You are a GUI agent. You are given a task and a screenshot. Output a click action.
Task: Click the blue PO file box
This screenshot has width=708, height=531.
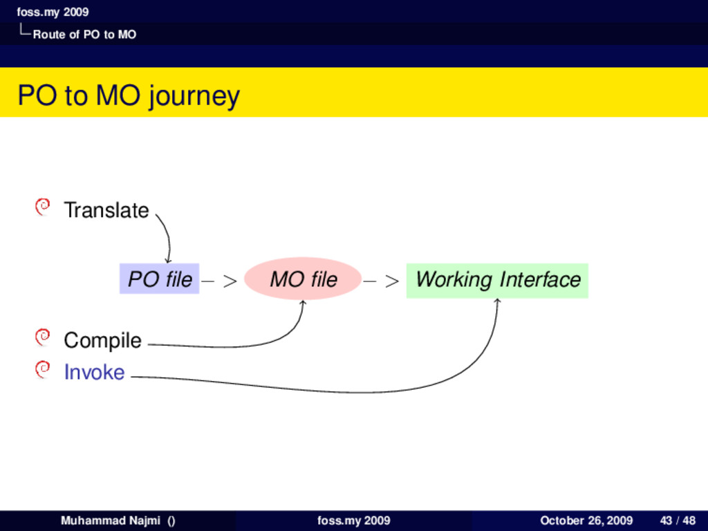click(160, 279)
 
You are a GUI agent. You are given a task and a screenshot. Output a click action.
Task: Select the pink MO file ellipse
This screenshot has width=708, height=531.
click(303, 279)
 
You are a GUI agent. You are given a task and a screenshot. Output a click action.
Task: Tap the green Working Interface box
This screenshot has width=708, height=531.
click(497, 280)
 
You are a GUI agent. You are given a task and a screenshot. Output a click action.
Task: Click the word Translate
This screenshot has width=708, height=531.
click(106, 210)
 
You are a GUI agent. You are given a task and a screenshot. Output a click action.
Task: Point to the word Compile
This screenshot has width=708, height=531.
click(102, 340)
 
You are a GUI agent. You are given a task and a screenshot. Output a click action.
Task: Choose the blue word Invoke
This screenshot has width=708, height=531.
click(94, 373)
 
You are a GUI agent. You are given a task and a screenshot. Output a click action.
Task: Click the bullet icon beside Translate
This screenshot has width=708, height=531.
click(43, 206)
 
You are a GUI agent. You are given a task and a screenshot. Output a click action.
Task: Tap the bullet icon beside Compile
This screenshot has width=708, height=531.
click(43, 337)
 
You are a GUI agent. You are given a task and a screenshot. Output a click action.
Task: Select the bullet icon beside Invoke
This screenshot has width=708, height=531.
click(43, 369)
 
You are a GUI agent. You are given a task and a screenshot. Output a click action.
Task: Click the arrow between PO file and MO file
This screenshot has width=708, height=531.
click(221, 281)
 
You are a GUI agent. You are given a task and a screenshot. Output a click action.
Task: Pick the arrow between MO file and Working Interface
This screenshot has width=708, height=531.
click(382, 281)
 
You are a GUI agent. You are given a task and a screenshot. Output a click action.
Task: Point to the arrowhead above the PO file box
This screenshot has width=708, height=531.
click(168, 260)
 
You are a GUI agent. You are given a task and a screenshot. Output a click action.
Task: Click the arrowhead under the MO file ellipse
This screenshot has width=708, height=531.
click(302, 302)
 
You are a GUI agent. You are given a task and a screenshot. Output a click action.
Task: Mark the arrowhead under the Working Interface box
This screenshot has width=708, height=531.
click(498, 301)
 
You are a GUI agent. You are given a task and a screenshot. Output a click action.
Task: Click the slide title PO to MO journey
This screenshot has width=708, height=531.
click(129, 95)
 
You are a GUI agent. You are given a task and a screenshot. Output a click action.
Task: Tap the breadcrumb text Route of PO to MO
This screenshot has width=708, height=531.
click(84, 35)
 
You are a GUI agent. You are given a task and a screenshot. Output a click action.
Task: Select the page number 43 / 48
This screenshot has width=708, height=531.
click(678, 521)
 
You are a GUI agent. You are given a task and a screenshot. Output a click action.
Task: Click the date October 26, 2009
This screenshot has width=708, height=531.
click(586, 521)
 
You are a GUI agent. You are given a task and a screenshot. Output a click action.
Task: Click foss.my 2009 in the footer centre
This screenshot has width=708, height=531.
click(353, 521)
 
